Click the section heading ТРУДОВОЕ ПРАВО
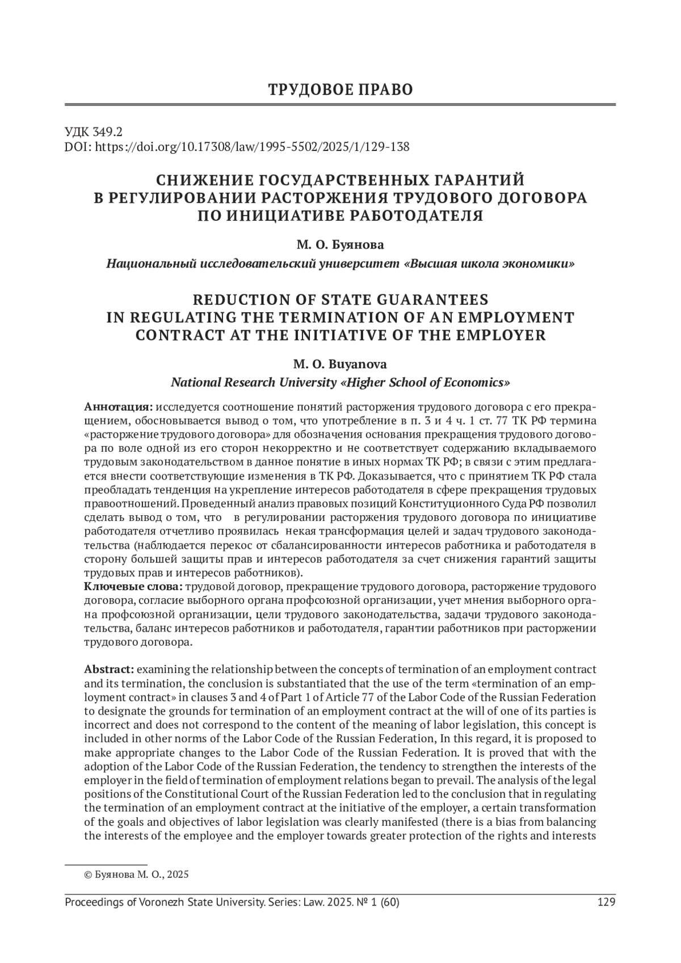tap(340, 90)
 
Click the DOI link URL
tap(251, 147)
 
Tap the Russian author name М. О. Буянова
tap(340, 245)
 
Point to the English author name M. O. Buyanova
tap(340, 364)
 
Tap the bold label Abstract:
tap(109, 670)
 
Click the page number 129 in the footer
tap(607, 903)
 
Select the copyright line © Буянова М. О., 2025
tap(136, 874)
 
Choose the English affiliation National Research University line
tap(340, 382)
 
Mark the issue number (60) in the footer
tap(388, 903)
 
